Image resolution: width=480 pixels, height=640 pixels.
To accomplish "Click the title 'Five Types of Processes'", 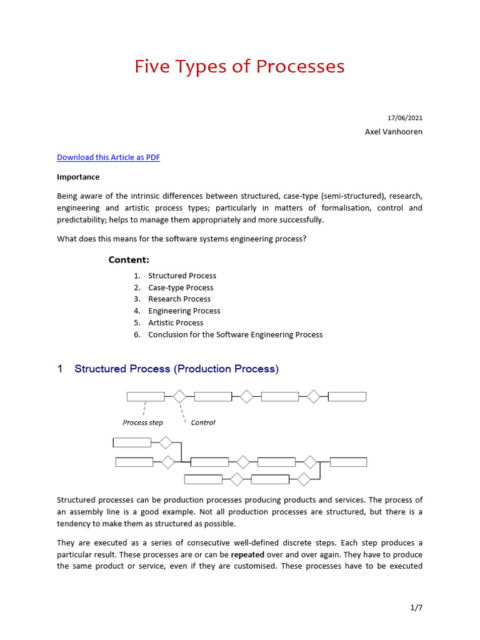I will pos(239,66).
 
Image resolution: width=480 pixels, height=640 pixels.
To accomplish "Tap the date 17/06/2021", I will pos(405,117).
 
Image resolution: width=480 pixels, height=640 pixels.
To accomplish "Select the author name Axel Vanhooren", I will pos(393,132).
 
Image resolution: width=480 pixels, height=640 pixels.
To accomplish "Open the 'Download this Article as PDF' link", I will pos(108,157).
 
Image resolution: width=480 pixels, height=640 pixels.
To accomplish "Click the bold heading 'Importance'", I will pos(78,177).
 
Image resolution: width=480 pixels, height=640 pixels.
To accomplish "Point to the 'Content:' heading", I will pos(129,260).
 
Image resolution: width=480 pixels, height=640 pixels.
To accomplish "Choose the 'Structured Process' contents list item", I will pos(182,276).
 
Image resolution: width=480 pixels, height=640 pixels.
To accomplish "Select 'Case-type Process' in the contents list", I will pos(181,287).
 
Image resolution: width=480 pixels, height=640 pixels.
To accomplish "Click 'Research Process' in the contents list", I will pos(179,299).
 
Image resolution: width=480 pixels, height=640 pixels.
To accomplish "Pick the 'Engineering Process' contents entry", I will pos(184,311).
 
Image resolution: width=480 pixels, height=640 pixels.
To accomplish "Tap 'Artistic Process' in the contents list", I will pos(176,322).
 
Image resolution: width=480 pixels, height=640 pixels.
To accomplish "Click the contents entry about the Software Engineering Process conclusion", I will pos(235,334).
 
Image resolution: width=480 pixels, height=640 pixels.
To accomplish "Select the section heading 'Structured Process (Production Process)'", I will pos(176,369).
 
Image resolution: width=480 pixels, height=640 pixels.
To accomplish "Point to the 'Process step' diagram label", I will pos(142,422).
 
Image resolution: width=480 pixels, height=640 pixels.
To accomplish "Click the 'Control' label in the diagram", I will pos(203,422).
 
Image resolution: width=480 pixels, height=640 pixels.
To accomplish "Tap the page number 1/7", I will pos(416,607).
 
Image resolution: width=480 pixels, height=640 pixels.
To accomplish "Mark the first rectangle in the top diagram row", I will pos(146,396).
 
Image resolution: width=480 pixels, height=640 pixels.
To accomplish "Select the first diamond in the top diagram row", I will pos(179,396).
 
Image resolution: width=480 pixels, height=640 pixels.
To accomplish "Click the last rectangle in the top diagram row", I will pos(347,396).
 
